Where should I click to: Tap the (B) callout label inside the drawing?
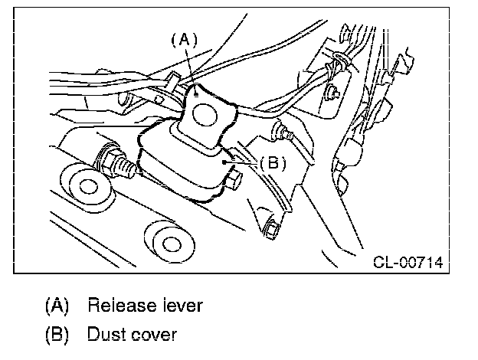click(273, 162)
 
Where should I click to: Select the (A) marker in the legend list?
click(57, 306)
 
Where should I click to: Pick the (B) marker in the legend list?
click(57, 334)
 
